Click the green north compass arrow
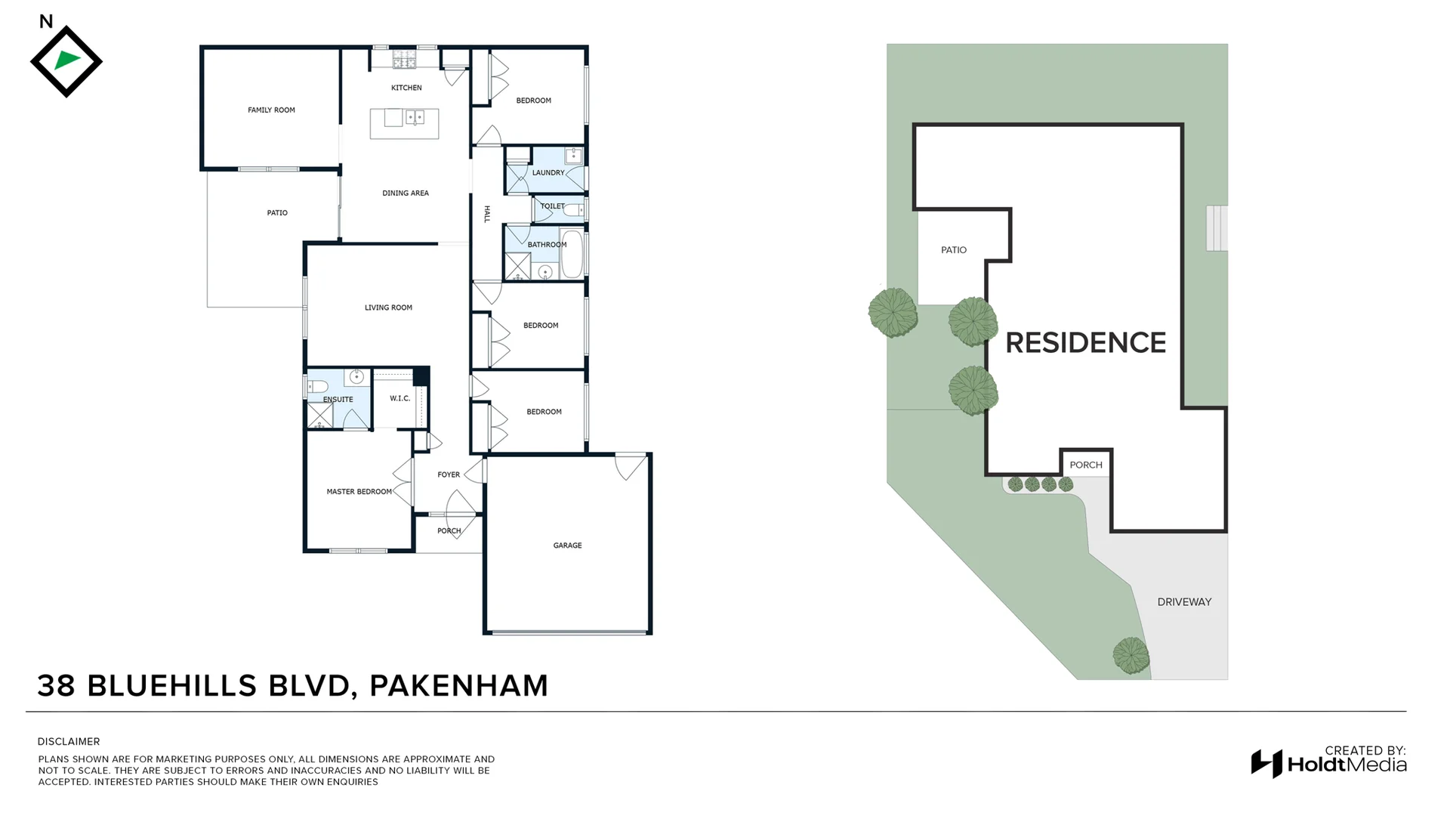pyautogui.click(x=67, y=60)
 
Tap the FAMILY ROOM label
pyautogui.click(x=271, y=110)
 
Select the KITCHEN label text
pyautogui.click(x=406, y=88)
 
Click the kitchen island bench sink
pyautogui.click(x=415, y=117)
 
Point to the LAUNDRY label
pyautogui.click(x=548, y=173)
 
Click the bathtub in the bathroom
pyautogui.click(x=572, y=254)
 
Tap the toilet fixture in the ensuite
pyautogui.click(x=319, y=386)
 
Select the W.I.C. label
pyautogui.click(x=400, y=398)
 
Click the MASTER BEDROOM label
pyautogui.click(x=359, y=492)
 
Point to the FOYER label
pyautogui.click(x=449, y=475)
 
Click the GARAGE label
pyautogui.click(x=567, y=546)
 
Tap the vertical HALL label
pyautogui.click(x=486, y=214)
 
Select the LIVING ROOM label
pyautogui.click(x=388, y=308)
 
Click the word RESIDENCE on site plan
pyautogui.click(x=1085, y=343)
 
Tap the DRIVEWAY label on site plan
pyautogui.click(x=1183, y=602)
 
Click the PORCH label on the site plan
pyautogui.click(x=1085, y=465)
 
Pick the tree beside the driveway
pyautogui.click(x=1131, y=655)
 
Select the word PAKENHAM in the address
pyautogui.click(x=458, y=685)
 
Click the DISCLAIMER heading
pyautogui.click(x=69, y=742)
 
